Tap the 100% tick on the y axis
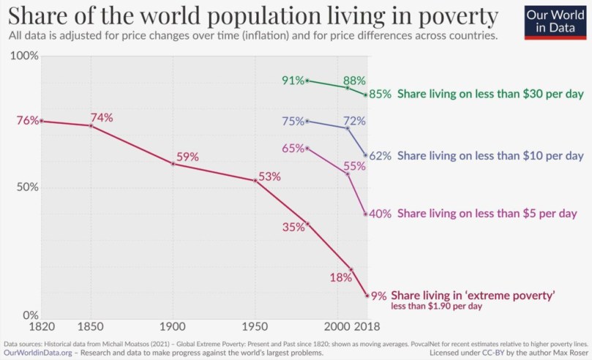[x=23, y=56]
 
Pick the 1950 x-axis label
[x=255, y=326]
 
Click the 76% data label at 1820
[x=26, y=121]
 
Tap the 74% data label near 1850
[x=101, y=118]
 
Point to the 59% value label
[x=187, y=156]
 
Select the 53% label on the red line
[x=269, y=176]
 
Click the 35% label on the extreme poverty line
[x=293, y=227]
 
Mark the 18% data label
[x=341, y=277]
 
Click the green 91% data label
[x=293, y=80]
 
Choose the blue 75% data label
[x=293, y=121]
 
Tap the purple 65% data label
[x=293, y=149]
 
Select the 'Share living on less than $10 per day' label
[x=490, y=156]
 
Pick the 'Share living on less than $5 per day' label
[x=487, y=214]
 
